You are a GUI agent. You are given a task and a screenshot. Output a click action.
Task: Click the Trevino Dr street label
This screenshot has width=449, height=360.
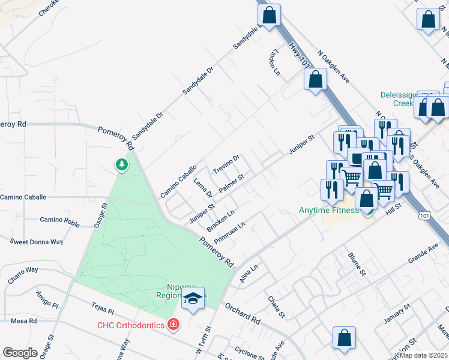(x=227, y=165)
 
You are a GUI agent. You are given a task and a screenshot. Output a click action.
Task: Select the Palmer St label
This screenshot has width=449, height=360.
(x=232, y=184)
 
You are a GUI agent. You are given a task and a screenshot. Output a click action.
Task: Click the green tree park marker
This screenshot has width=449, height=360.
(x=122, y=164)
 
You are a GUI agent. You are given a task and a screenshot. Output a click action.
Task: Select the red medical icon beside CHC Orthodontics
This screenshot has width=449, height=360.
(x=173, y=325)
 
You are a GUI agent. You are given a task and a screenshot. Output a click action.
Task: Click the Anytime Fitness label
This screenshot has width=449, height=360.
(x=329, y=210)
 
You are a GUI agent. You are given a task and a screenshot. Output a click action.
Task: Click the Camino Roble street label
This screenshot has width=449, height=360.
(x=60, y=220)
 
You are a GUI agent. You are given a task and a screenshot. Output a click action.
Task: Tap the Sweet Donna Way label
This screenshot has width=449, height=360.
(x=37, y=242)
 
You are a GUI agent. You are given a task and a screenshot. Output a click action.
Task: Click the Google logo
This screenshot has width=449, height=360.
(x=20, y=352)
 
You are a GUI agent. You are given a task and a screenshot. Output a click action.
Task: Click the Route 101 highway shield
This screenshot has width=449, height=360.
(x=425, y=215)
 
